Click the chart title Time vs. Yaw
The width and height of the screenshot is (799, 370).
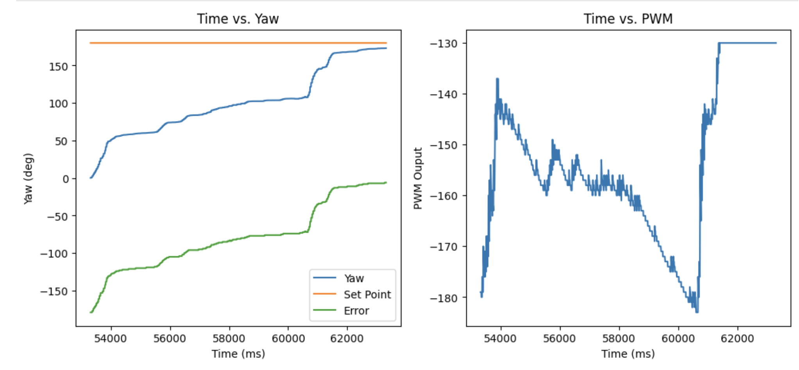[x=238, y=19]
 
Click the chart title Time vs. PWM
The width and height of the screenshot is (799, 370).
[x=628, y=19]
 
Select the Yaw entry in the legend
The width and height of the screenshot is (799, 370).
[x=354, y=278]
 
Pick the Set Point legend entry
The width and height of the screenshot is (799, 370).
[x=367, y=295]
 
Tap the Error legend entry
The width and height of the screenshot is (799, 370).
[x=356, y=311]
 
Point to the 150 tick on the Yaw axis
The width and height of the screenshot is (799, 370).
[x=58, y=66]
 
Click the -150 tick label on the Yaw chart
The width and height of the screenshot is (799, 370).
[x=54, y=291]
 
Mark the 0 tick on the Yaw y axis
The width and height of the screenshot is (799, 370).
[x=65, y=179]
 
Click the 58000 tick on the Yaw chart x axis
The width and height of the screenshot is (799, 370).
[x=229, y=338]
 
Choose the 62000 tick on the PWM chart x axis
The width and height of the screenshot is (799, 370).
[x=737, y=338]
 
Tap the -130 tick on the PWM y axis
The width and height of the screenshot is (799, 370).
[x=444, y=43]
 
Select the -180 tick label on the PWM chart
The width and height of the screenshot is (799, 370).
[x=444, y=298]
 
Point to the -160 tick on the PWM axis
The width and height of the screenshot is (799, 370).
[x=444, y=196]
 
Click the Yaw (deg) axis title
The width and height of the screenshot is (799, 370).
[x=28, y=178]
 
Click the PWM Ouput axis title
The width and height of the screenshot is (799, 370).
[x=418, y=178]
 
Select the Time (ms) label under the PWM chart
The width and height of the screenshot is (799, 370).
[x=628, y=354]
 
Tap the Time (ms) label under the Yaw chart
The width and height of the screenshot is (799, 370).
[x=238, y=354]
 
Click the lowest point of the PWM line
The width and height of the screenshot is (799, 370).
[x=697, y=312]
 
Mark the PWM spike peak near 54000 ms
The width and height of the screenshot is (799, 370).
[x=498, y=79]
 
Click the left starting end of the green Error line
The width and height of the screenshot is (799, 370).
[x=91, y=312]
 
